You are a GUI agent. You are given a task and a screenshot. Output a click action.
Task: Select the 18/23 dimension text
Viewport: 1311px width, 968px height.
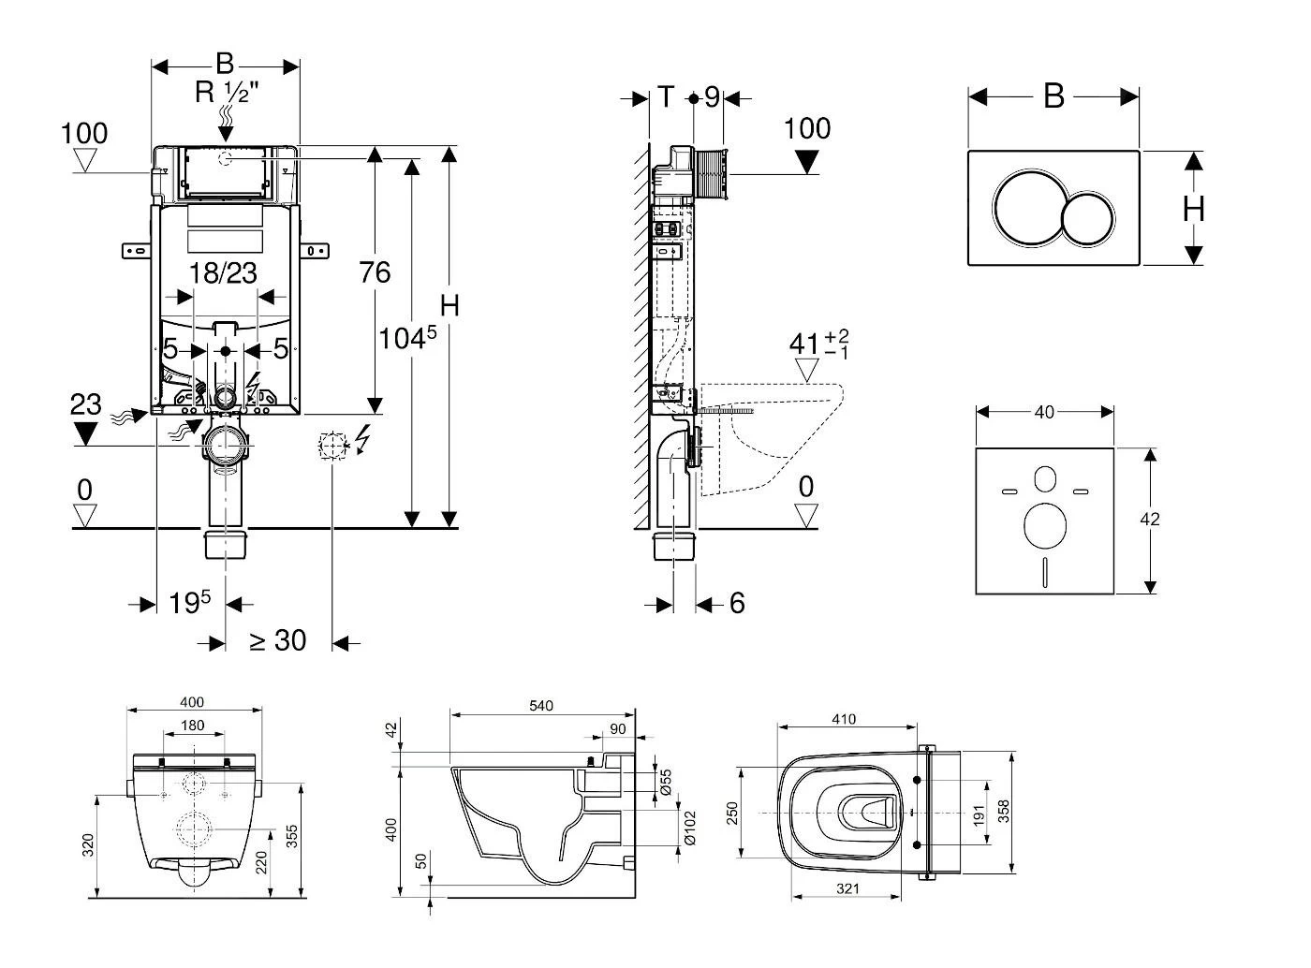(223, 273)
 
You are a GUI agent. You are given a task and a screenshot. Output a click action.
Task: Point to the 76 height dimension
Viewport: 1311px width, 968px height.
(375, 273)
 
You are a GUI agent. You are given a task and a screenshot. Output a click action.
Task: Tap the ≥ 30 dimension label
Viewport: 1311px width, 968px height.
(277, 641)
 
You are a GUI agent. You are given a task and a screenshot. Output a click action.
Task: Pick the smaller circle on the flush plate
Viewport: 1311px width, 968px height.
(1088, 219)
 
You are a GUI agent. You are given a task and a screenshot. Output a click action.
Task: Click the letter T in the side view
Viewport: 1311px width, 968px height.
(665, 96)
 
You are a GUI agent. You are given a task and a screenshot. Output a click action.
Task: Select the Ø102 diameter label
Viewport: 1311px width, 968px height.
(691, 828)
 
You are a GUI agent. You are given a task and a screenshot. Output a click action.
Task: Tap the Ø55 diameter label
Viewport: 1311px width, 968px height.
(666, 782)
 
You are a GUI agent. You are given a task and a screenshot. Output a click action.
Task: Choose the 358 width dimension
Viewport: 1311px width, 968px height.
(1004, 811)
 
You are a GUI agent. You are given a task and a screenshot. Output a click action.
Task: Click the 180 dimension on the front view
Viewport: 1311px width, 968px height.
(192, 726)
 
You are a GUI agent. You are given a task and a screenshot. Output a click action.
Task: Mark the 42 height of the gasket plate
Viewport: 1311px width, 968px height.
(1151, 519)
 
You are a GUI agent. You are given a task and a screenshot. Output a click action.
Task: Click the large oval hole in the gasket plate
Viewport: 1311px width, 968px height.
(1045, 526)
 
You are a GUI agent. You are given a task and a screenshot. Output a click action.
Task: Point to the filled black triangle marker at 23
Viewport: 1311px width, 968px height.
(85, 433)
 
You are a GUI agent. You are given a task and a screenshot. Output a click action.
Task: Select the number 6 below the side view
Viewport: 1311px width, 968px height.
(737, 604)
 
